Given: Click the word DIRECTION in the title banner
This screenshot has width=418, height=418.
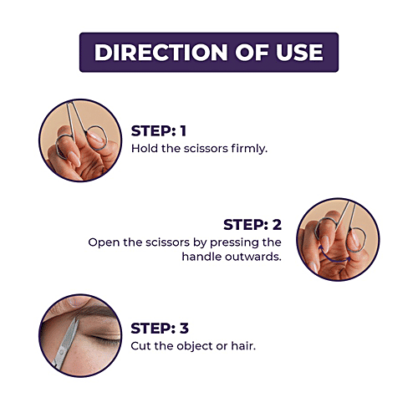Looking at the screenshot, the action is pos(161,53).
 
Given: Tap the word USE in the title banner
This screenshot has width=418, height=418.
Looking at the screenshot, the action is pos(299,53).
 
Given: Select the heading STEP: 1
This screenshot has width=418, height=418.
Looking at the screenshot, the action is pos(159,131).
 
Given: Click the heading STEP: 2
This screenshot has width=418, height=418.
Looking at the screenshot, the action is pos(252,225).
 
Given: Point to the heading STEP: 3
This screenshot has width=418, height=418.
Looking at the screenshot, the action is pos(160,329).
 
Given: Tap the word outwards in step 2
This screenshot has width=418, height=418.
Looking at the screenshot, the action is pos(253,257).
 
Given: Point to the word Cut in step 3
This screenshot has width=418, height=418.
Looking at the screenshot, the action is pos(140,346).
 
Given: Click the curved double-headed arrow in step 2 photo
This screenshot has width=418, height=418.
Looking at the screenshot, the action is pos(334,261).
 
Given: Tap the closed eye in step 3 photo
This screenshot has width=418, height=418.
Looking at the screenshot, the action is pos(103,338).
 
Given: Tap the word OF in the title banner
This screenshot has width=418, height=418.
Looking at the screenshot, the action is pos(252,53).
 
